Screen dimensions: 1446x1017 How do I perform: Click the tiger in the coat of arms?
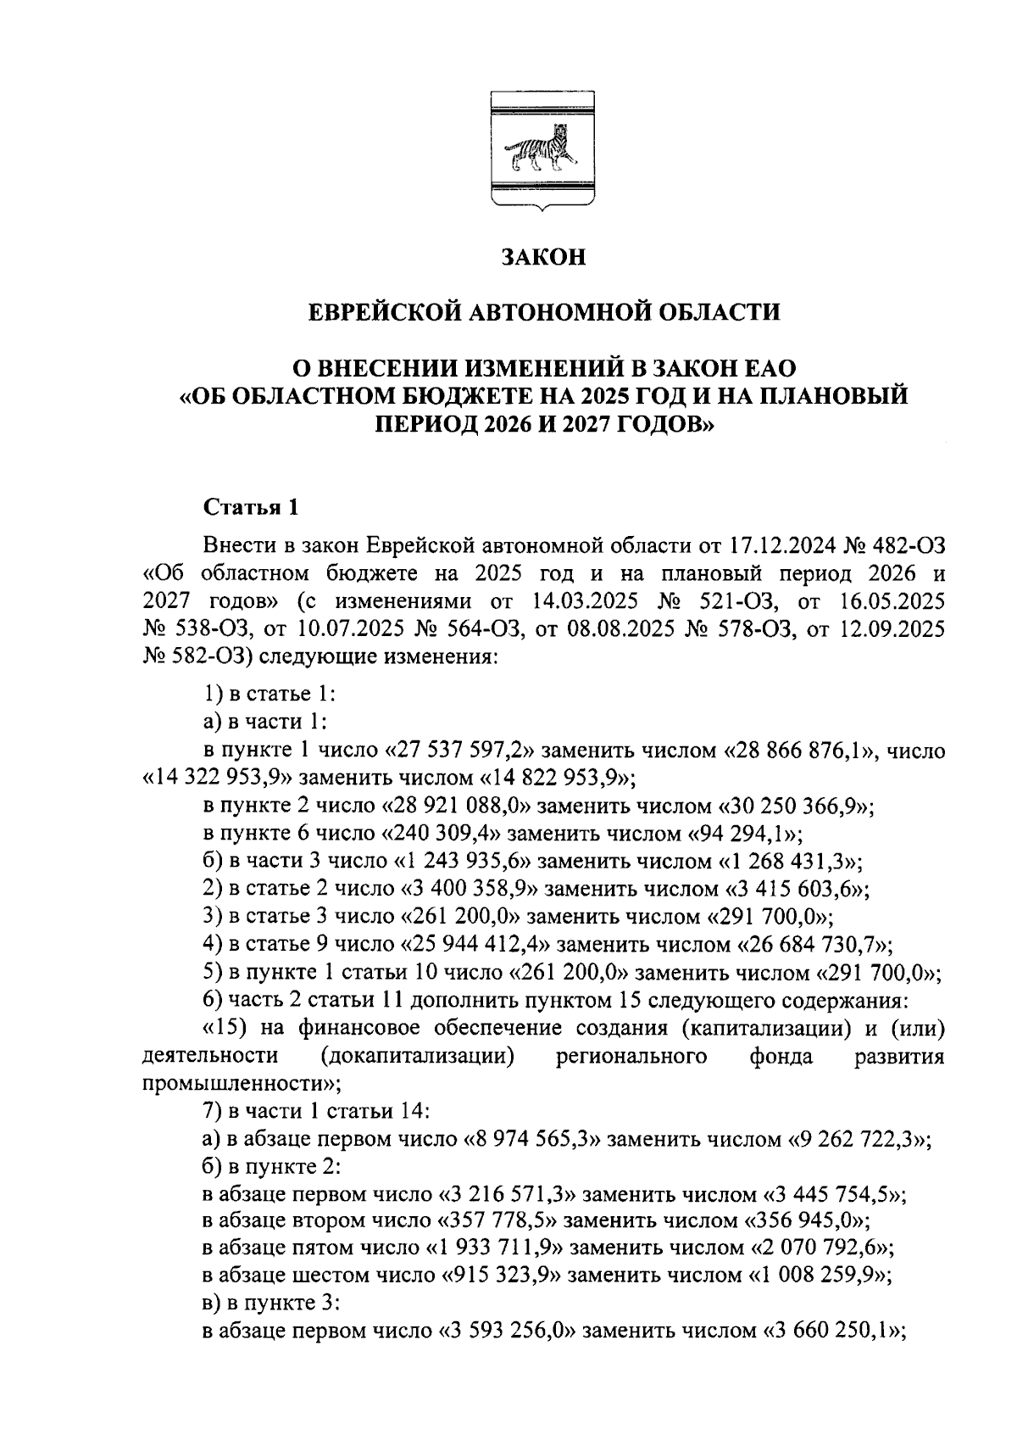(x=542, y=152)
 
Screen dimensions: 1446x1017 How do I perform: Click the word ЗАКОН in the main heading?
(x=542, y=257)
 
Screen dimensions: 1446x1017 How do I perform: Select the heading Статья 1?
(x=251, y=508)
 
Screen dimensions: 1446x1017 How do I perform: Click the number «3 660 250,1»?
(x=835, y=1332)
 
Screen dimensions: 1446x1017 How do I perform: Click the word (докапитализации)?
(x=419, y=1057)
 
